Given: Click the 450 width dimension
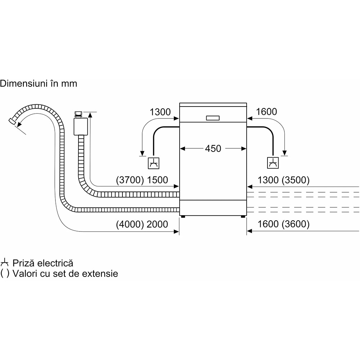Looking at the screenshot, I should point(213,148).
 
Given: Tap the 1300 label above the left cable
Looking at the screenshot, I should point(160,112).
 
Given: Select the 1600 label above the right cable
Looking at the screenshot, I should point(266,112).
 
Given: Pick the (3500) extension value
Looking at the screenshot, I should point(297,180).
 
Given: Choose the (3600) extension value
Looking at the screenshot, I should point(297,224).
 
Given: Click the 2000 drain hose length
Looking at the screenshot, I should point(157,224).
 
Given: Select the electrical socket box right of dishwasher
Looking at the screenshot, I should point(273,163).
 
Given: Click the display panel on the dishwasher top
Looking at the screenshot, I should point(213,118).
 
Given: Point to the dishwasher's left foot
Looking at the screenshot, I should point(183,217).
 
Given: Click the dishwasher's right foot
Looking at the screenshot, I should point(243,217).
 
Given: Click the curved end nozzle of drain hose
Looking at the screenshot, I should point(13,122).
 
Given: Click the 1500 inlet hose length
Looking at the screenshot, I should point(157,180).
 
